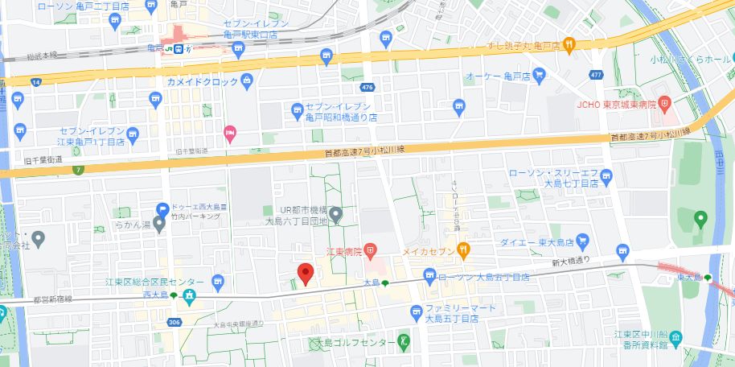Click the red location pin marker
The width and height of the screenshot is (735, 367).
pos(305,274)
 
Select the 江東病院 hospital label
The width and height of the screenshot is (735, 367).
pos(341,252)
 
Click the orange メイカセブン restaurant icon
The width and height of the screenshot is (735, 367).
pos(464,251)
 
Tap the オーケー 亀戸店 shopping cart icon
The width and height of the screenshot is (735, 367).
pos(540,76)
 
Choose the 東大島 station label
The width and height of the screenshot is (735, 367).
pos(689,278)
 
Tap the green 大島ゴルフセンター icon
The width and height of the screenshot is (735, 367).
pos(404,342)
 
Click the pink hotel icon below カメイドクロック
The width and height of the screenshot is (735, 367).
pos(230,131)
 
